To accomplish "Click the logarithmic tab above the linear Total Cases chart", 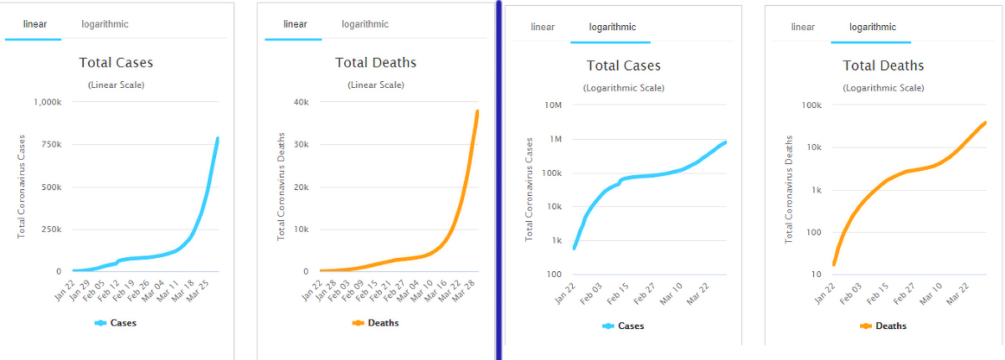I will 105,24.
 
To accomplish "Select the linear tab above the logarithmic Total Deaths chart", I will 802,27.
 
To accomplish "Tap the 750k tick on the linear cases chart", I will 48,145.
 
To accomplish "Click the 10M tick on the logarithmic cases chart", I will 553,105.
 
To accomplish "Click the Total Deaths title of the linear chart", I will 375,63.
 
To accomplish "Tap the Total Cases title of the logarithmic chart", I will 623,65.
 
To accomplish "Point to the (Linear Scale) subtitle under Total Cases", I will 116,85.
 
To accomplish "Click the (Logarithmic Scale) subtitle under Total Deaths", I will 884,87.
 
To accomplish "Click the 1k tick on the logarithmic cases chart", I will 556,240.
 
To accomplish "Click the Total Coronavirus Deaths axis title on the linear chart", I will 282,186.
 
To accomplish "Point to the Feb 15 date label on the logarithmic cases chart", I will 616,294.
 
